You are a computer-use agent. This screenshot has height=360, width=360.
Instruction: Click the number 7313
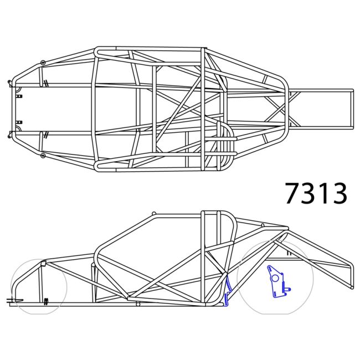click(316, 193)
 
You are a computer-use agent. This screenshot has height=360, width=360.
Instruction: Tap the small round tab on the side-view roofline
click(154, 213)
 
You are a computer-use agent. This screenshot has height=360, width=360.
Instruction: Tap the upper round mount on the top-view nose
click(42, 63)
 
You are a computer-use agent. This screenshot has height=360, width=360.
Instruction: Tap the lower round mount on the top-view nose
click(42, 156)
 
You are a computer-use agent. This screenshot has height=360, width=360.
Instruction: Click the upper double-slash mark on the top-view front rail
click(47, 84)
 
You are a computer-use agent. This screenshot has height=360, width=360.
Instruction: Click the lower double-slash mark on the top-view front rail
click(47, 133)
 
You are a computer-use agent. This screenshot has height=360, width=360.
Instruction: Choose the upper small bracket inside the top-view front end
click(19, 96)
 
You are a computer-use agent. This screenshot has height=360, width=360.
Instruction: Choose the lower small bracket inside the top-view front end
click(19, 122)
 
